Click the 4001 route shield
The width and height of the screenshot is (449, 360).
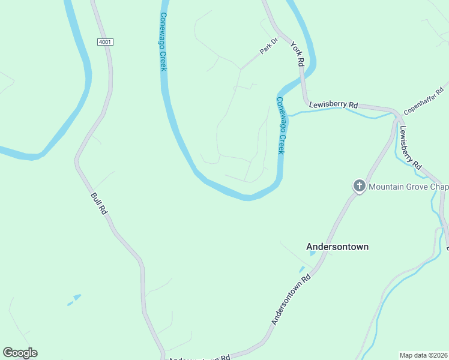[104, 42]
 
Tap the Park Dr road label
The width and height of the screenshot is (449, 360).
[269, 47]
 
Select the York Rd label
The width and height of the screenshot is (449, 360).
[298, 53]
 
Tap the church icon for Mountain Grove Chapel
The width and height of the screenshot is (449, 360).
[359, 186]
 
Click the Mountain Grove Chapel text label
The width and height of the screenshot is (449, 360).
[408, 187]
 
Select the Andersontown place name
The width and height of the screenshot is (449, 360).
[337, 247]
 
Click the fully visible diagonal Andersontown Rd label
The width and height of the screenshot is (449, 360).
[291, 300]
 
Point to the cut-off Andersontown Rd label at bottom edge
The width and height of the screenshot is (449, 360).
[198, 358]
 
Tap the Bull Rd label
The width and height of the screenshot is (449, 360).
[98, 203]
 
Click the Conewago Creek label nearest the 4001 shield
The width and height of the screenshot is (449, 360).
[163, 42]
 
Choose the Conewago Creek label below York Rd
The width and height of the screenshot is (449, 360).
[281, 125]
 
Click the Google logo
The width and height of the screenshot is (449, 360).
[20, 353]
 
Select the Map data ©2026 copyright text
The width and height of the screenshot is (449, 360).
[423, 355]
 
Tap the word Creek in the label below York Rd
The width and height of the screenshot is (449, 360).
[281, 142]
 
